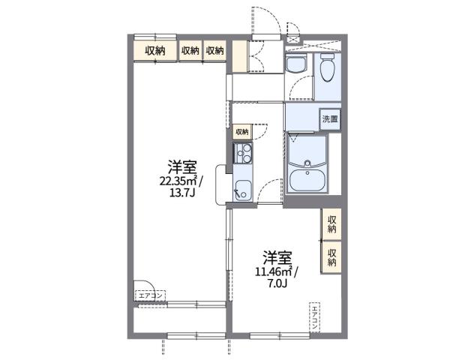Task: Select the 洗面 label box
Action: point(329,118)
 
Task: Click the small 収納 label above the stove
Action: point(241,132)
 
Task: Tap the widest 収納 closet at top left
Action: point(155,50)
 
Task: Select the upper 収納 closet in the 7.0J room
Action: point(331,223)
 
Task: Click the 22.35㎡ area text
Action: point(177,180)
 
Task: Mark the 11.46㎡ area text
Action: point(270,272)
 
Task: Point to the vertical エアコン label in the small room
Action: point(315,318)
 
